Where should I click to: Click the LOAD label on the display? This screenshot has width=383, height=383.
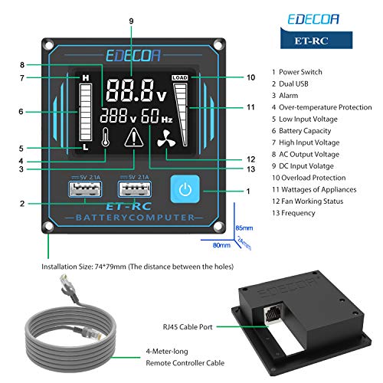pos(180,78)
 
